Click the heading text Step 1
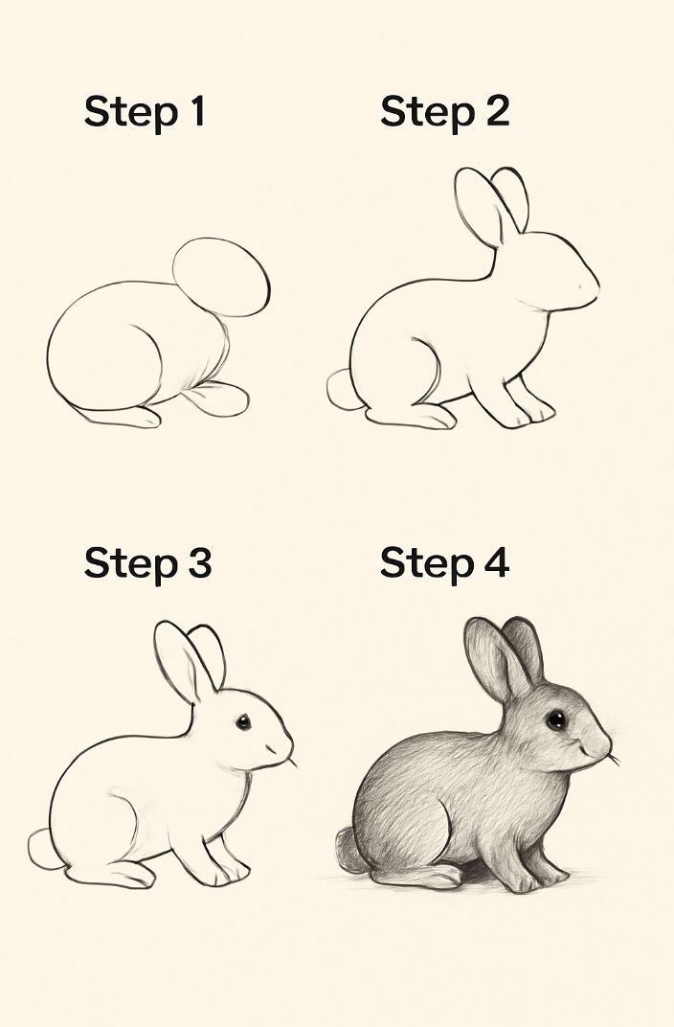tap(145, 113)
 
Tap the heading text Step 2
tap(444, 113)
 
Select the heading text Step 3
tap(146, 563)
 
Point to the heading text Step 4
tap(444, 563)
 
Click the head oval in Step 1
tap(221, 278)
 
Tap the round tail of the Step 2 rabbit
tap(340, 390)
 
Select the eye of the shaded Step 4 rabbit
tap(556, 719)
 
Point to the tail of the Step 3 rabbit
tap(42, 849)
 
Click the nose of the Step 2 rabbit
tap(594, 285)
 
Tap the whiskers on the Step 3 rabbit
tap(290, 762)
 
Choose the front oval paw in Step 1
tap(216, 398)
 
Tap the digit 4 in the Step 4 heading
tap(494, 563)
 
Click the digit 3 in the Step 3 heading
tap(197, 563)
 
